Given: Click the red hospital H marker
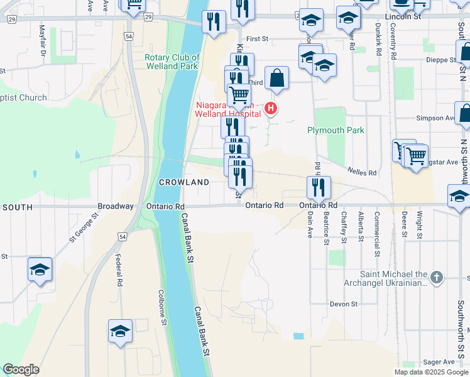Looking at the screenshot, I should [x=271, y=109].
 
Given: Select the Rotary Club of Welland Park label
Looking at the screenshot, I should [x=172, y=62].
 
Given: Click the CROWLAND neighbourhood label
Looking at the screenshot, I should [x=183, y=182].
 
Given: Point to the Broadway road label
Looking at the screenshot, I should [x=115, y=206].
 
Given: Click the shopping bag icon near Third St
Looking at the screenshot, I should [x=276, y=79].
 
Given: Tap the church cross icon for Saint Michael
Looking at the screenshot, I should [x=437, y=276].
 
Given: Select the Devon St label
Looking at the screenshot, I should [x=344, y=304].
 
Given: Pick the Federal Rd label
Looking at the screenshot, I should [x=118, y=268].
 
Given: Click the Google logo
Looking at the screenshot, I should [x=21, y=369].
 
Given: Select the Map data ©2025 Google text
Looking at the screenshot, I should [x=431, y=372].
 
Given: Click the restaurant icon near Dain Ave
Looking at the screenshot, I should [x=319, y=187].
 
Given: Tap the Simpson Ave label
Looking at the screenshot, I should [x=434, y=118].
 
